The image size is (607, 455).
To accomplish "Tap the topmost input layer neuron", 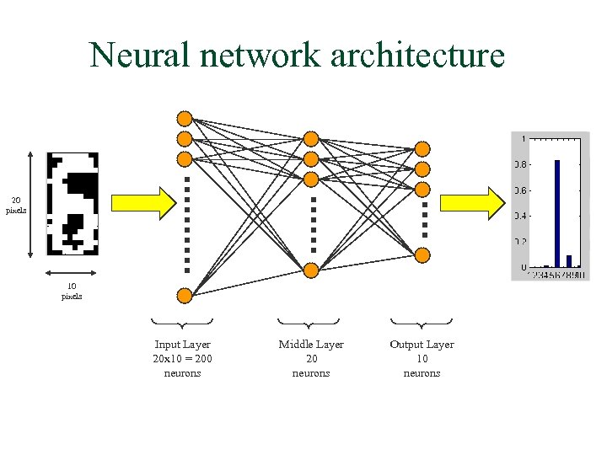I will (185, 118).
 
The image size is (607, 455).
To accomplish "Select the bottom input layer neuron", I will (185, 295).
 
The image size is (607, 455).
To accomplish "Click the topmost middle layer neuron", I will (311, 138).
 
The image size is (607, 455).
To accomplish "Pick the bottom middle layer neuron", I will (311, 270).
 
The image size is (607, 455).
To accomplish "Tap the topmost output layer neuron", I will (422, 149).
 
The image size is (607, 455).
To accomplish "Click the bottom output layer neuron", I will (422, 255).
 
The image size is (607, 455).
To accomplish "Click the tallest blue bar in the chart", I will (557, 212).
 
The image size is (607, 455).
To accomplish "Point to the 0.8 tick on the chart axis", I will (521, 164).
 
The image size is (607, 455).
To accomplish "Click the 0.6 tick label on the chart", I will (521, 190).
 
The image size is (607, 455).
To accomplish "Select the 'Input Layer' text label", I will (182, 345).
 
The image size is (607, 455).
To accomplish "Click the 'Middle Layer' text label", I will (311, 345).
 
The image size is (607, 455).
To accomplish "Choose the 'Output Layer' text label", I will (422, 345).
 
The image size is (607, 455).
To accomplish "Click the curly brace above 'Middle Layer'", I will (309, 323).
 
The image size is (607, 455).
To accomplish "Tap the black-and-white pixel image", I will (73, 203).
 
